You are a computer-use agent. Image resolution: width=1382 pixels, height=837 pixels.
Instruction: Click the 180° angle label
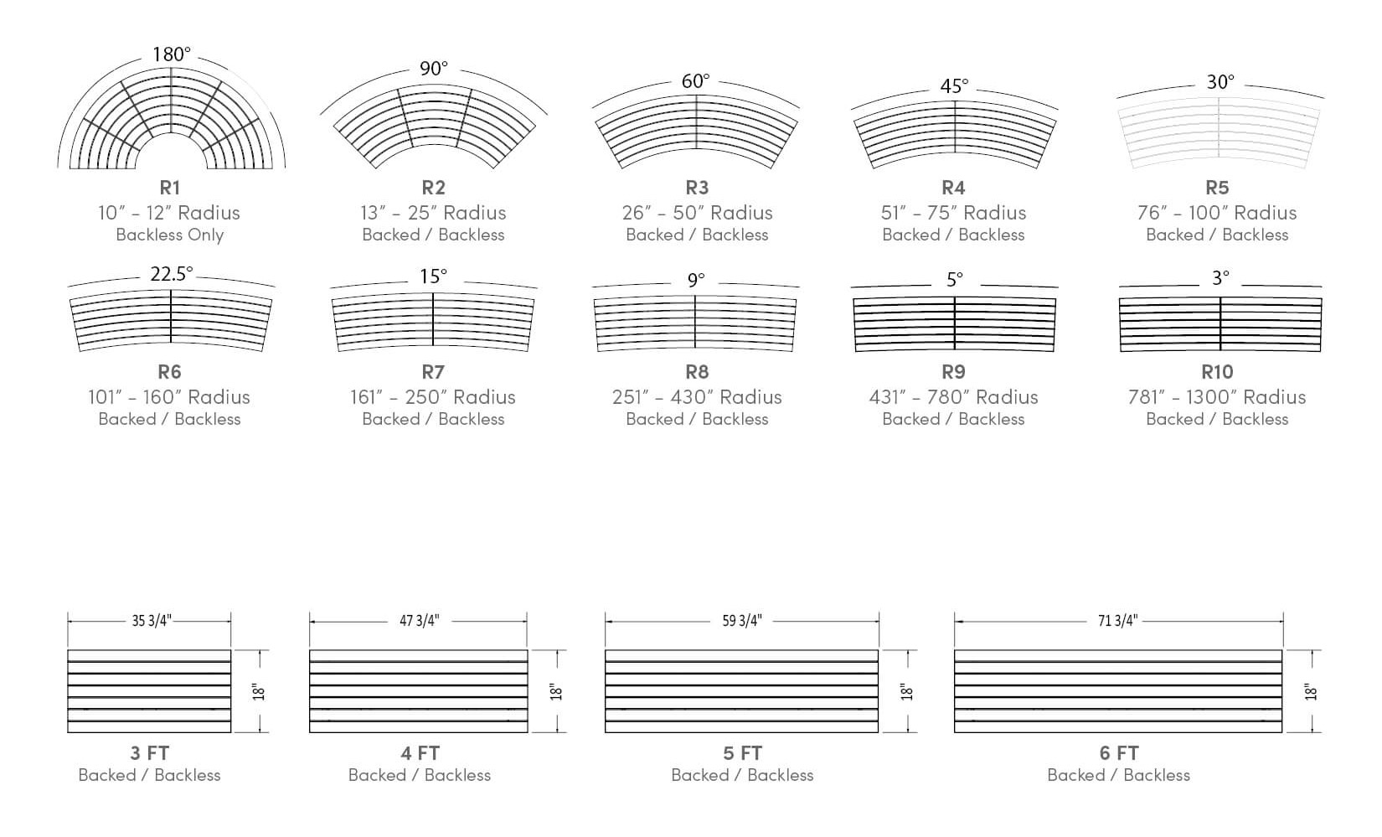(172, 54)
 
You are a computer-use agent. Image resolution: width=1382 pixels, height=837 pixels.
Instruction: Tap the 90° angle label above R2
(434, 68)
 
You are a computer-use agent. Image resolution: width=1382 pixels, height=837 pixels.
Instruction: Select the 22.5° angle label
(172, 274)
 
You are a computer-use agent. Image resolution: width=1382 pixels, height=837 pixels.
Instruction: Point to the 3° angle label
(1220, 278)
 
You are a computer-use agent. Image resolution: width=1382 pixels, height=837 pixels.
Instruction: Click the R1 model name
(170, 187)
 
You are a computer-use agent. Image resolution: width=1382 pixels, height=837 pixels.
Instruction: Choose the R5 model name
(1217, 187)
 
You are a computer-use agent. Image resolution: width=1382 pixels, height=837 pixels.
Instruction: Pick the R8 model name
(697, 372)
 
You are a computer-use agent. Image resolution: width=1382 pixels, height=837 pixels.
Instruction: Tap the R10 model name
(1217, 372)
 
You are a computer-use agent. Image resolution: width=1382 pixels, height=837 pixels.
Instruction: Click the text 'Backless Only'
(170, 235)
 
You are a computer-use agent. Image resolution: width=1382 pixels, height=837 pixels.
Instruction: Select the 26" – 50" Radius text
(697, 212)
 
